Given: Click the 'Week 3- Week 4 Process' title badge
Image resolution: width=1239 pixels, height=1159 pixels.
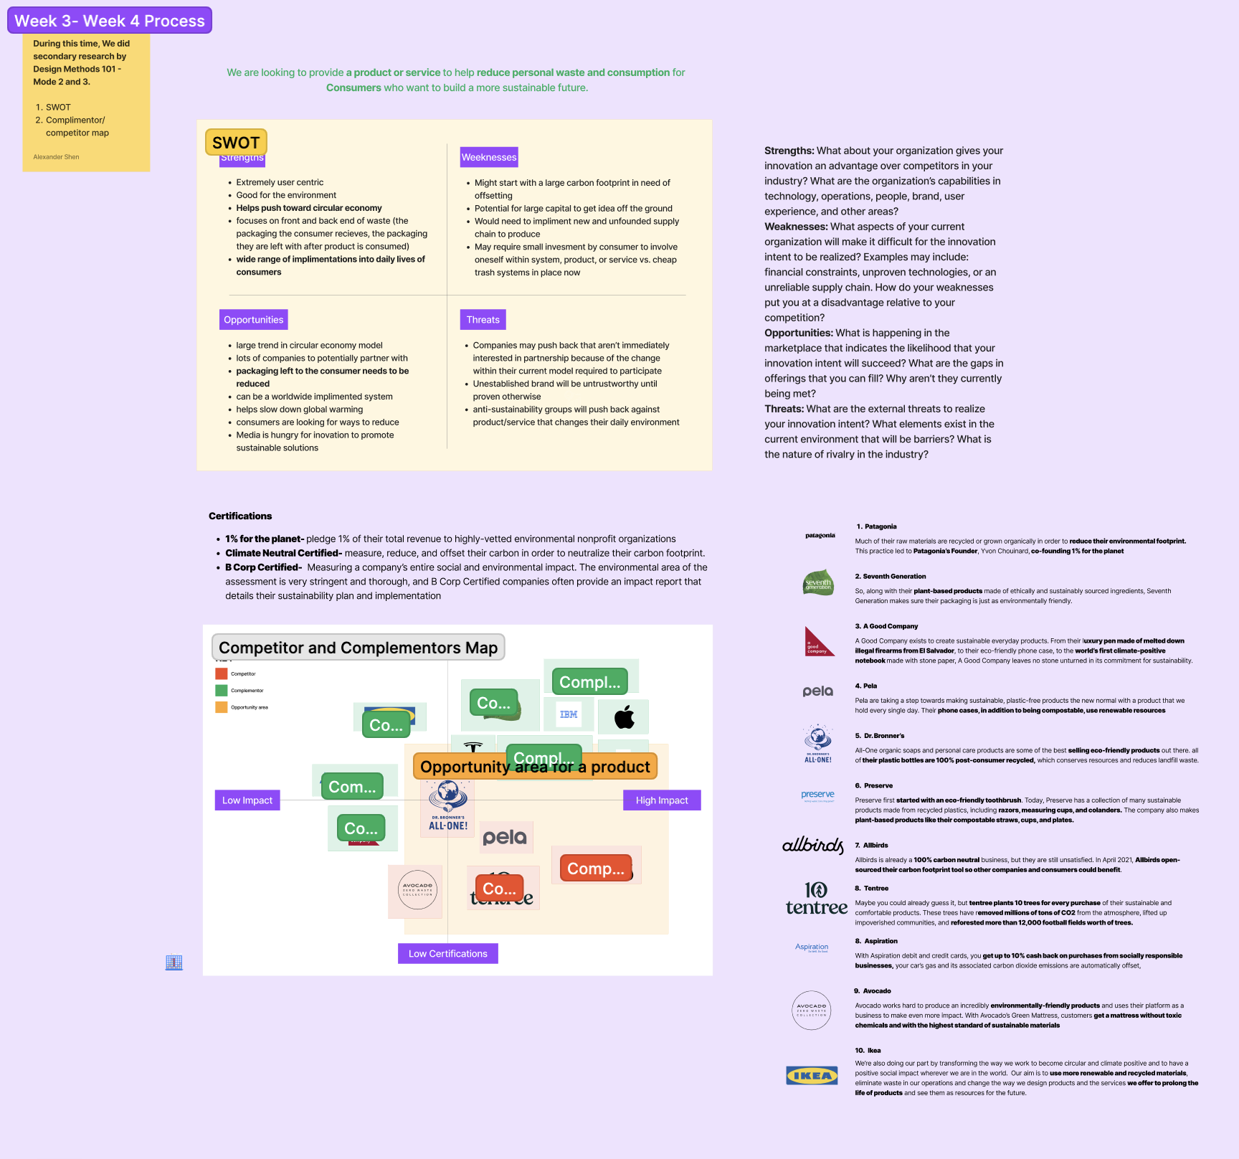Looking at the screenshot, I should pos(110,21).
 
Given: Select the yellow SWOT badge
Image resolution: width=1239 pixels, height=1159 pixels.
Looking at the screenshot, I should pos(236,143).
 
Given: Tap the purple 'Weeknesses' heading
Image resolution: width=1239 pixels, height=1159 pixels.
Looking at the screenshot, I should pos(489,157).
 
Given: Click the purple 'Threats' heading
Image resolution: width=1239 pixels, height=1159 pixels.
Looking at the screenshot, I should pos(483,320).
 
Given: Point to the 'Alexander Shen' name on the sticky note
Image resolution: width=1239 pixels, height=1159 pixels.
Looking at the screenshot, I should pos(56,157).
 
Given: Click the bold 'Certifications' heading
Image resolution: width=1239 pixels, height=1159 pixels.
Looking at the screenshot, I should pos(240,516).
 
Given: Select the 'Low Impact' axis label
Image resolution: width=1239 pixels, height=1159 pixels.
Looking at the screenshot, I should pos(247,800).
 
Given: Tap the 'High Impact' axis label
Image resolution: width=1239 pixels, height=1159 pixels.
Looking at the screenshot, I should pos(662,800).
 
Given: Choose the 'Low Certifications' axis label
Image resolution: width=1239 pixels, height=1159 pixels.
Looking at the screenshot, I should pos(447,954).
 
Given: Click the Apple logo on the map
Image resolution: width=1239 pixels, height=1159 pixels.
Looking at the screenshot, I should pos(625,716).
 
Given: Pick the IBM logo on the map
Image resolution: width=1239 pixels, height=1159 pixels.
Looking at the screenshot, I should pos(569,714).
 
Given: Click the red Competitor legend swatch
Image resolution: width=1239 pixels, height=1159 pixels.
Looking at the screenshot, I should pos(222,674).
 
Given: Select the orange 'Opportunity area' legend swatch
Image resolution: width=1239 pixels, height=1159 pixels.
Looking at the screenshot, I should pos(222,707).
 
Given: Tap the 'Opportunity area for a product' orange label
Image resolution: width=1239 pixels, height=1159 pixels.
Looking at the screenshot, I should pos(535,767).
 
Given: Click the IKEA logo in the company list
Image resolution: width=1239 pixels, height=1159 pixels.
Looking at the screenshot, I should pos(812,1076).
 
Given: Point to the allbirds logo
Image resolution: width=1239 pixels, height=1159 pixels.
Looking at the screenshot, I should pos(813,846).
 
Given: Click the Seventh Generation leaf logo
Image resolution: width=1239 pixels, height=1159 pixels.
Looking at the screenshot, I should pos(818,583).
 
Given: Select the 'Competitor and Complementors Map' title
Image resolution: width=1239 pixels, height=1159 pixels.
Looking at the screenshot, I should pos(358,648).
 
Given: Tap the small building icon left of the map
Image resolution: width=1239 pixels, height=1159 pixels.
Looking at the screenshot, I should pos(174,962).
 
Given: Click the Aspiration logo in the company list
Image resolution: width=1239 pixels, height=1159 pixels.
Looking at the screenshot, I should pos(812,947).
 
